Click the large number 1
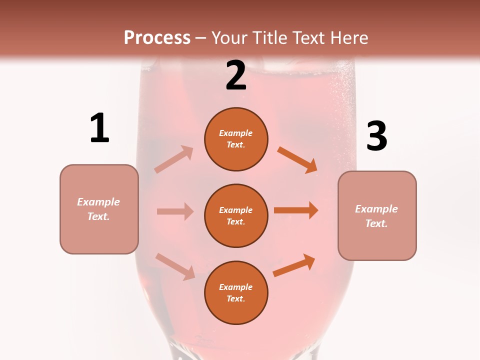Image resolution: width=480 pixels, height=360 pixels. pyautogui.click(x=99, y=128)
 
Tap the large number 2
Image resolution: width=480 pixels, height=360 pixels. pyautogui.click(x=236, y=75)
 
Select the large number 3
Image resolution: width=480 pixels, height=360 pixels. pyautogui.click(x=376, y=136)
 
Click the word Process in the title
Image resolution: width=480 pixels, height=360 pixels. pyautogui.click(x=157, y=37)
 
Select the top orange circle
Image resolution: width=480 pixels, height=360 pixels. pyautogui.click(x=236, y=139)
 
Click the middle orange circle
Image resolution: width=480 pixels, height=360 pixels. pyautogui.click(x=236, y=216)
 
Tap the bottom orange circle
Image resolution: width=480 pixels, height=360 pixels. pyautogui.click(x=236, y=293)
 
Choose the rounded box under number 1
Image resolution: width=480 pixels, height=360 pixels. pyautogui.click(x=99, y=209)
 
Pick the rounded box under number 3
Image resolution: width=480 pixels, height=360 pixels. pyautogui.click(x=377, y=216)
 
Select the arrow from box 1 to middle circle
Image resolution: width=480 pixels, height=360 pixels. pyautogui.click(x=175, y=211)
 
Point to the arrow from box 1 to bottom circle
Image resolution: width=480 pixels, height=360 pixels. pyautogui.click(x=175, y=266)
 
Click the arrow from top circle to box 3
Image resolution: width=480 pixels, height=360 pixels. pyautogui.click(x=297, y=160)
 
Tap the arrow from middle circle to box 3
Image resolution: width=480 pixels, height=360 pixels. pyautogui.click(x=296, y=210)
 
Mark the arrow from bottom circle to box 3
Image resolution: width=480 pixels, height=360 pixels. pyautogui.click(x=294, y=265)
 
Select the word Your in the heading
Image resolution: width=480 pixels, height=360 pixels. pyautogui.click(x=229, y=37)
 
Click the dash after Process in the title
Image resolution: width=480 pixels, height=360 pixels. pyautogui.click(x=201, y=38)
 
